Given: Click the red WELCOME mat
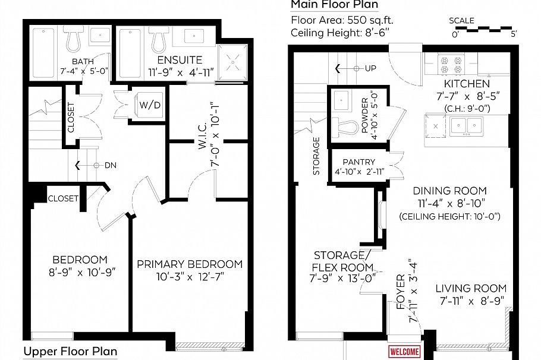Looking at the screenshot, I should tap(404, 352).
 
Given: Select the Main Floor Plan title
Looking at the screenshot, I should tap(334, 5).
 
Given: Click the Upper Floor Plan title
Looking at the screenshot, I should tap(70, 352).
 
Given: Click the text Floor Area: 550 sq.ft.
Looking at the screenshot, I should tap(342, 20).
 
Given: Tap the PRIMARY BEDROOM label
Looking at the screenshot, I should tap(190, 264).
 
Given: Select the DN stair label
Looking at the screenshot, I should tap(110, 165).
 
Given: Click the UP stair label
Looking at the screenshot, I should tap(370, 68).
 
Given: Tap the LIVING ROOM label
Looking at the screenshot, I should tap(471, 289).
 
